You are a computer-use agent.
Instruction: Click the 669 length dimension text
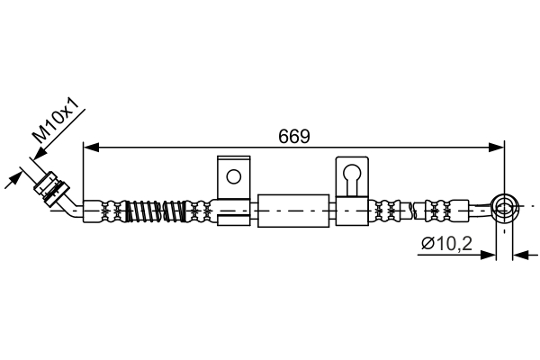point(294,137)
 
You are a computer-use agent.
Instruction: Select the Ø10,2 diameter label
point(446,244)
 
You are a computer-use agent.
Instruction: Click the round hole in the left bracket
point(234,176)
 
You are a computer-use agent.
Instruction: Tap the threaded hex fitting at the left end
point(50,187)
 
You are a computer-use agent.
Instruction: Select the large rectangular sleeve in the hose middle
point(293,211)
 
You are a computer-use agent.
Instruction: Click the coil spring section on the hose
point(156,211)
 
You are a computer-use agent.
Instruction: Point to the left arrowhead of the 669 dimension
point(91,148)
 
